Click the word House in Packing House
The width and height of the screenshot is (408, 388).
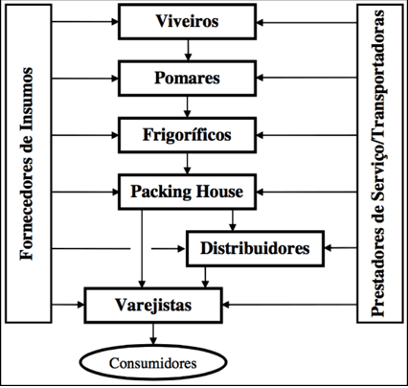point(219,192)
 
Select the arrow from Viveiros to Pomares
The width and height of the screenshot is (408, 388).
point(188,50)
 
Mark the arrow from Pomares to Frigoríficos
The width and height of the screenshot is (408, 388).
point(188,106)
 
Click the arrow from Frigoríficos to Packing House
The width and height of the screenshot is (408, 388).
point(188,164)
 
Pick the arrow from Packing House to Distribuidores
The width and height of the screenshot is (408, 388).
point(233,220)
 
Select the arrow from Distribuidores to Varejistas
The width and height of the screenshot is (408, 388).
point(205,277)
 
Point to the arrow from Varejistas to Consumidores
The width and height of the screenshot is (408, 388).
point(153,334)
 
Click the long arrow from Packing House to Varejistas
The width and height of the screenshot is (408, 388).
point(142,248)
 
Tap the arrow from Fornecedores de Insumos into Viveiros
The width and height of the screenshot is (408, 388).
point(85,22)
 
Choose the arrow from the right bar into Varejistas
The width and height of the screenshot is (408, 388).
point(289,305)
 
